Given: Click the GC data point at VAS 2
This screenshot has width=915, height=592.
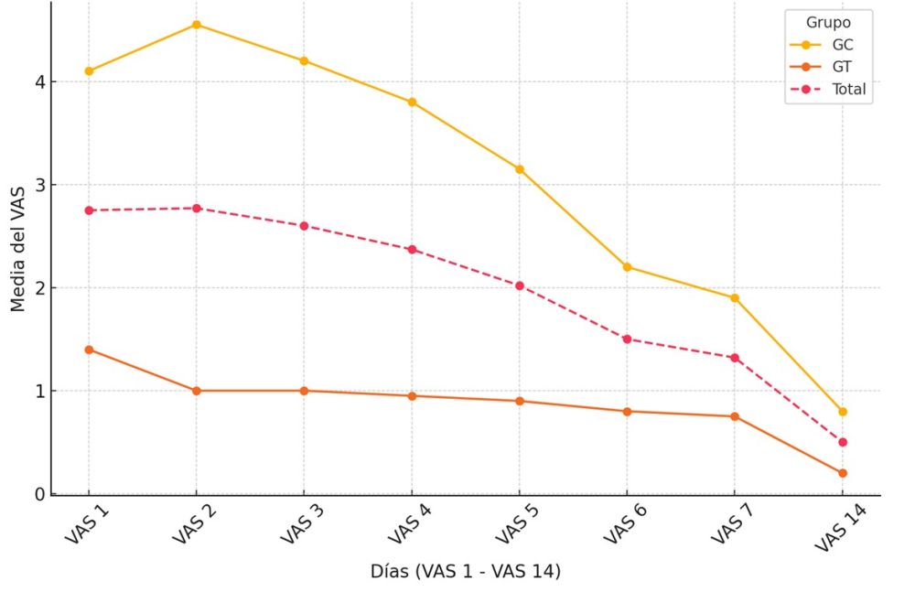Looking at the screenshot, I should tap(197, 25).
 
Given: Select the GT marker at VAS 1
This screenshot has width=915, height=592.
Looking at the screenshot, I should tap(89, 350).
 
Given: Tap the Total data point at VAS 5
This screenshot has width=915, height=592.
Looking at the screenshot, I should tap(519, 285).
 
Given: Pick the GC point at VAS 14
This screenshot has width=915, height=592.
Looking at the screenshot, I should tap(842, 412).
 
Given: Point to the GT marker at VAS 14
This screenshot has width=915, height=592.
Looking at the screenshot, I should tap(842, 473).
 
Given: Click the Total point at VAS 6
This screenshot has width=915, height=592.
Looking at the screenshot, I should tap(627, 339).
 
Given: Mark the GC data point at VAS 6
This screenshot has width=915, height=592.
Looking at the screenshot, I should tap(627, 267).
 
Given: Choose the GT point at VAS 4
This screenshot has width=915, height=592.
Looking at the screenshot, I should tap(412, 396).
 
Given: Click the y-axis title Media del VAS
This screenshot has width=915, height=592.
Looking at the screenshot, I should tap(17, 248).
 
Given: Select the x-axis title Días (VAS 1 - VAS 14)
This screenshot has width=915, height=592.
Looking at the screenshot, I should tap(465, 572).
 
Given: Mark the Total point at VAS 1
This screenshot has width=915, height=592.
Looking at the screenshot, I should tap(89, 210).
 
